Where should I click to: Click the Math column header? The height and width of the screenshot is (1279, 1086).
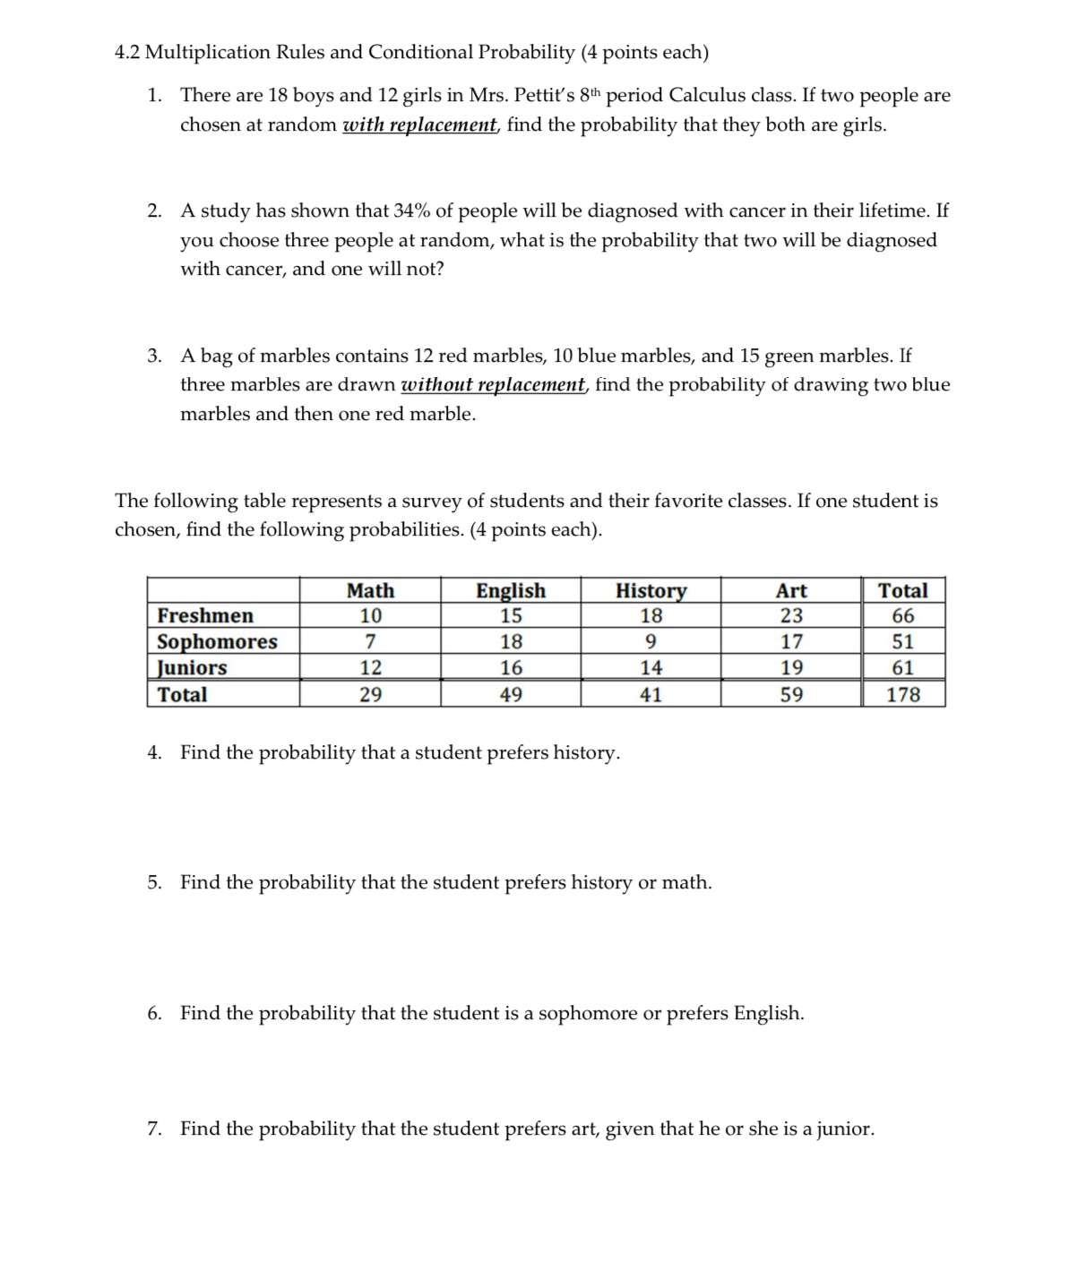point(370,590)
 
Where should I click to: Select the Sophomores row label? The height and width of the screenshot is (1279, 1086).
point(217,641)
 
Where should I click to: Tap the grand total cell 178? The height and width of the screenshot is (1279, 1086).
point(902,694)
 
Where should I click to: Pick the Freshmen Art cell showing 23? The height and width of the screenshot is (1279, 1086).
point(791,615)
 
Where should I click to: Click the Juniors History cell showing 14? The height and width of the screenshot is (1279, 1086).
point(651,667)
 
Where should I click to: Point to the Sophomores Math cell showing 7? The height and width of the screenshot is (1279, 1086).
point(370,641)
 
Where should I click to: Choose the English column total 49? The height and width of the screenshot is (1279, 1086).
point(511,694)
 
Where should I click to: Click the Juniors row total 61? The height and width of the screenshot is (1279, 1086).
point(902,667)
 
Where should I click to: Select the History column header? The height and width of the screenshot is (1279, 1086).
point(651,590)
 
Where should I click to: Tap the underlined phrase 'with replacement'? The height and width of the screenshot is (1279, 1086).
point(420,124)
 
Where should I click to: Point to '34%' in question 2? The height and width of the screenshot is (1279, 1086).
point(411,210)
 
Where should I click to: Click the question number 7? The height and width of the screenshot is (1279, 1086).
point(154,1129)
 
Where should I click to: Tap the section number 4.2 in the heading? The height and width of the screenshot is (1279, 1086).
point(129,52)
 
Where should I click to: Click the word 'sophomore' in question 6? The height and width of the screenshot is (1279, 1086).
point(587,1013)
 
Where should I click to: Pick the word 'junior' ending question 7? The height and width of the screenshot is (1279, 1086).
point(845,1129)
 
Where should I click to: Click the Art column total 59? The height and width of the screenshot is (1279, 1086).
point(791,694)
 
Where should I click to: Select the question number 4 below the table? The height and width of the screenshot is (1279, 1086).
point(154,752)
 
